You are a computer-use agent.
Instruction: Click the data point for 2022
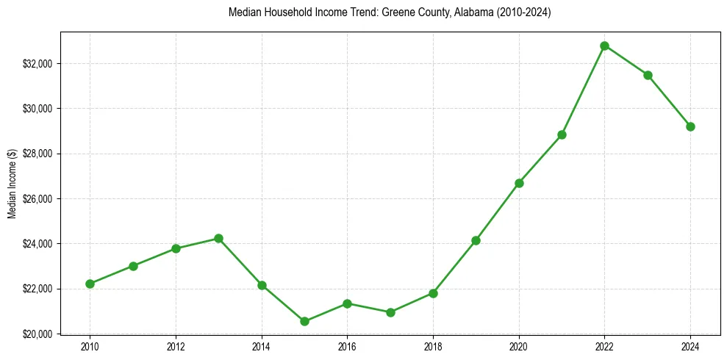pyautogui.click(x=604, y=46)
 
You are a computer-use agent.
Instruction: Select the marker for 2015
pyautogui.click(x=304, y=321)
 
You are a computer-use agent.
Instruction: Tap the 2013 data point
pyautogui.click(x=218, y=238)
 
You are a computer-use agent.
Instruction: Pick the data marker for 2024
pyautogui.click(x=690, y=126)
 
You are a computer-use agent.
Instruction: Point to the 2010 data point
pyautogui.click(x=90, y=284)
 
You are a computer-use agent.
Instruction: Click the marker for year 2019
pyautogui.click(x=476, y=240)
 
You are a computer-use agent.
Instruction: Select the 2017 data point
pyautogui.click(x=390, y=312)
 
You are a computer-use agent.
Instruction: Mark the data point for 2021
pyautogui.click(x=562, y=134)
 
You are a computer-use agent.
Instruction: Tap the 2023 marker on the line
pyautogui.click(x=648, y=75)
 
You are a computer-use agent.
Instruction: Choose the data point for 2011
pyautogui.click(x=133, y=266)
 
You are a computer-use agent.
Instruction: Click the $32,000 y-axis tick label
pyautogui.click(x=39, y=64)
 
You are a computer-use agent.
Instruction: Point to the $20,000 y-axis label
pyautogui.click(x=39, y=334)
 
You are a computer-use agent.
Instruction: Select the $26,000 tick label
pyautogui.click(x=39, y=199)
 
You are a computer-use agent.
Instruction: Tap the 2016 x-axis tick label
pyautogui.click(x=347, y=347)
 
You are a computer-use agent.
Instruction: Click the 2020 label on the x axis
pyautogui.click(x=519, y=347)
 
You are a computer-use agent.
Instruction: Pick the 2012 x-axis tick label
pyautogui.click(x=176, y=347)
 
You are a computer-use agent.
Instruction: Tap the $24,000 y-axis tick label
pyautogui.click(x=39, y=244)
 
